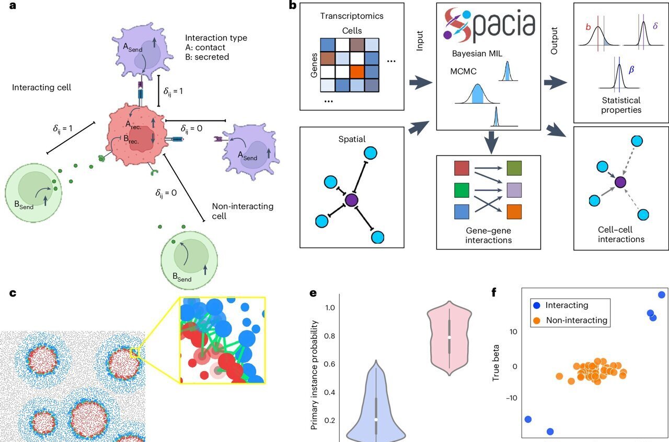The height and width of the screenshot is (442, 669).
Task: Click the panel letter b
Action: click(293, 7)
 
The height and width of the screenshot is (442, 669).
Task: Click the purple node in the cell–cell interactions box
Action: click(620, 182)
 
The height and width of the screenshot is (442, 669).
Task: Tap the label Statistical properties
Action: click(621, 105)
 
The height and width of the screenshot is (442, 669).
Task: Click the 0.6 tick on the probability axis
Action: click(328, 364)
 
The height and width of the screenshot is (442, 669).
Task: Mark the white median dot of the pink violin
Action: click(449, 338)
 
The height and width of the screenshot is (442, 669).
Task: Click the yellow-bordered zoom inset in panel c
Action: click(222, 340)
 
